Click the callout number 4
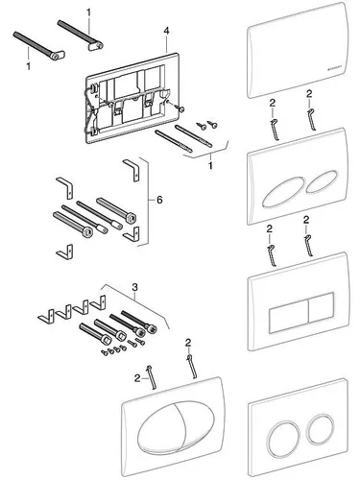click(x=166, y=31)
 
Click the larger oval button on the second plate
click(x=279, y=188)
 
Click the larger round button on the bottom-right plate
click(x=283, y=433)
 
